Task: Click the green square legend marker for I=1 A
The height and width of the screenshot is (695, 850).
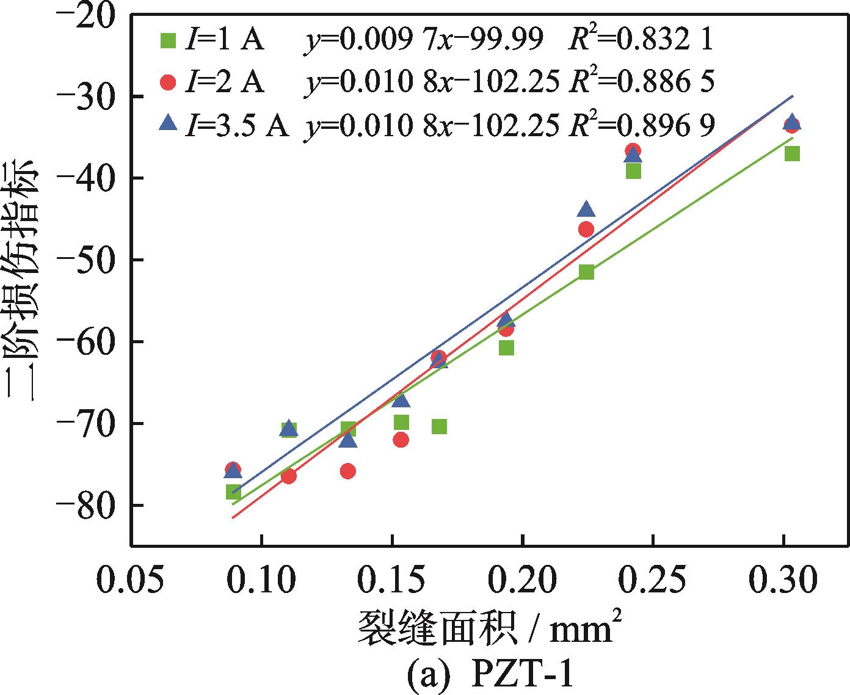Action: (167, 40)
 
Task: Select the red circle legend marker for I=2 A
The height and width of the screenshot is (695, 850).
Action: (167, 82)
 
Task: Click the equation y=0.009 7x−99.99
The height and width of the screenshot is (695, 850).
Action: (424, 40)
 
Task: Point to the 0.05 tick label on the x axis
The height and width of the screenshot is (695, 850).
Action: (131, 581)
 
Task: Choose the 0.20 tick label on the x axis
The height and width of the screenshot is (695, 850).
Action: (523, 581)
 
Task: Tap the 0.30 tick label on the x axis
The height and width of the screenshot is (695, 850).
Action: (783, 581)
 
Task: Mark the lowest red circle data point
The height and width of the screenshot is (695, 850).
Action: (289, 476)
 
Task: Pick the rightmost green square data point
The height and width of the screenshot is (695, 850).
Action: (792, 153)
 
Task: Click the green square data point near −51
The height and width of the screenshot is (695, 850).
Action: (586, 272)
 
